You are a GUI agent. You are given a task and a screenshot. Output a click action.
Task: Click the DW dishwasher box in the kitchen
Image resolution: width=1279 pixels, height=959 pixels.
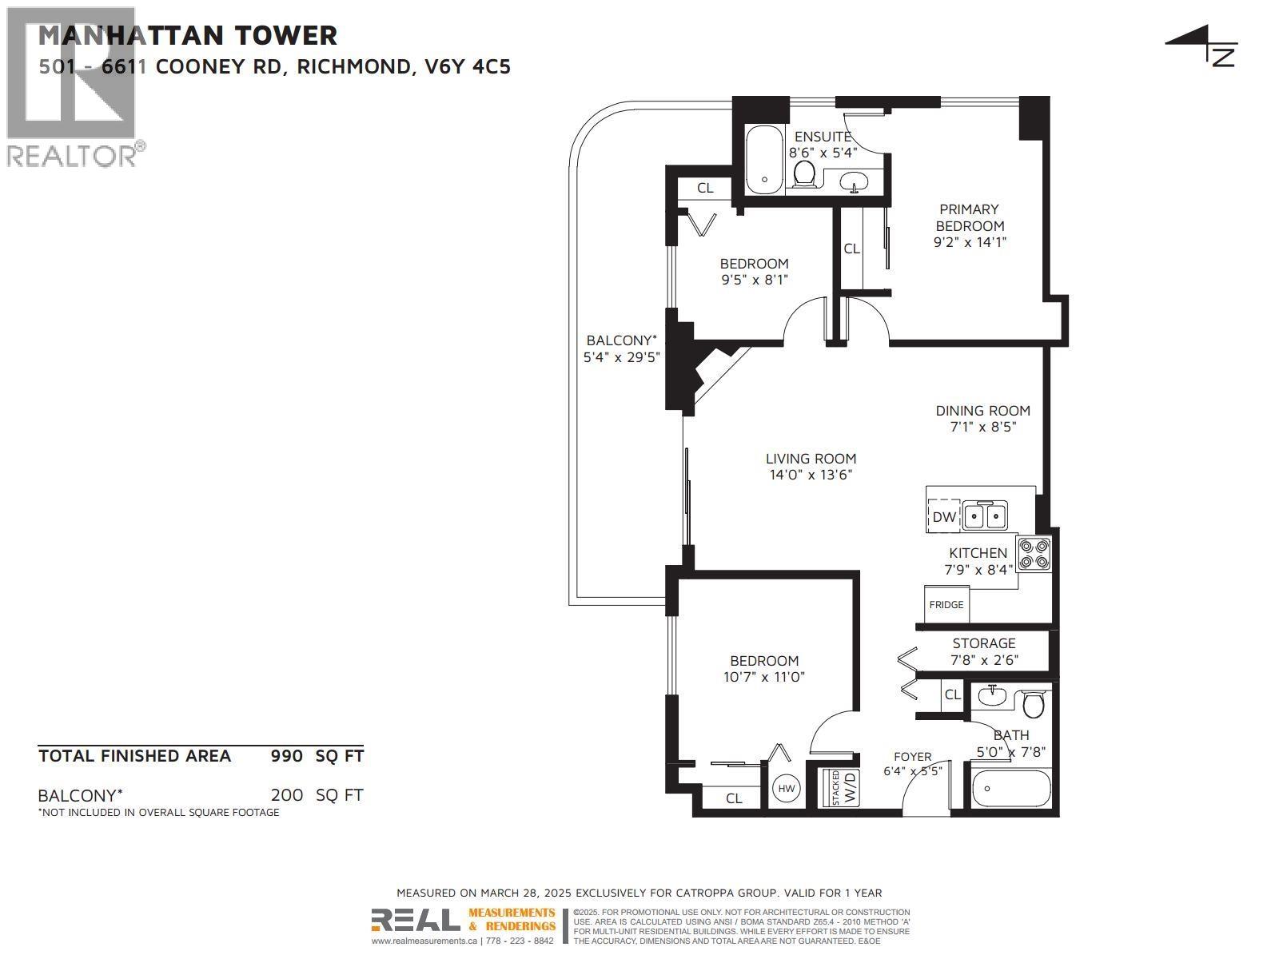point(943,516)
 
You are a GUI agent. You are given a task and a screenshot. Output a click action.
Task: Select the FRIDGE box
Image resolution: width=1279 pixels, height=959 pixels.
point(946,603)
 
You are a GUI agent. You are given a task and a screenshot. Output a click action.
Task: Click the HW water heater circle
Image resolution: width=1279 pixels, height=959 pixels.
point(787,789)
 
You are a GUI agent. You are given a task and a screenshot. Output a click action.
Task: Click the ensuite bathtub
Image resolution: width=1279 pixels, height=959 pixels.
point(763,159)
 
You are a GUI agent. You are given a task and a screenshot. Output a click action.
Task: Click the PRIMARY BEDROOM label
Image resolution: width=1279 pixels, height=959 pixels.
point(969,217)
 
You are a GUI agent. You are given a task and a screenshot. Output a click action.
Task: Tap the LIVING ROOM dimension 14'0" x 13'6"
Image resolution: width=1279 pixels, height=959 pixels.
point(811,475)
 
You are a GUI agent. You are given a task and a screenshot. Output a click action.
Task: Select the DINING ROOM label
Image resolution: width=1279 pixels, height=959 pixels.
point(982,411)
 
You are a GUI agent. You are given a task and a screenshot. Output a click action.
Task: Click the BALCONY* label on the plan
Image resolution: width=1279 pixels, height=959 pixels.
point(621,340)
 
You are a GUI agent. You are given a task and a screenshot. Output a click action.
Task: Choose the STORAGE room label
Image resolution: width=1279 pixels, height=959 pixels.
point(983,643)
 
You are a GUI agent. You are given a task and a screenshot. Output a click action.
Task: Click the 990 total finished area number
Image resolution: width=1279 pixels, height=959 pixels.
point(287,756)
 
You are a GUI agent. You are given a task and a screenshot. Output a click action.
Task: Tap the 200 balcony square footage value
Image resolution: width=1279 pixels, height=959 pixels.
point(287,795)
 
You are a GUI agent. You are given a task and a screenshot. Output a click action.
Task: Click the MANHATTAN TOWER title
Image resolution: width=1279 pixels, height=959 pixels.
point(188,35)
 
